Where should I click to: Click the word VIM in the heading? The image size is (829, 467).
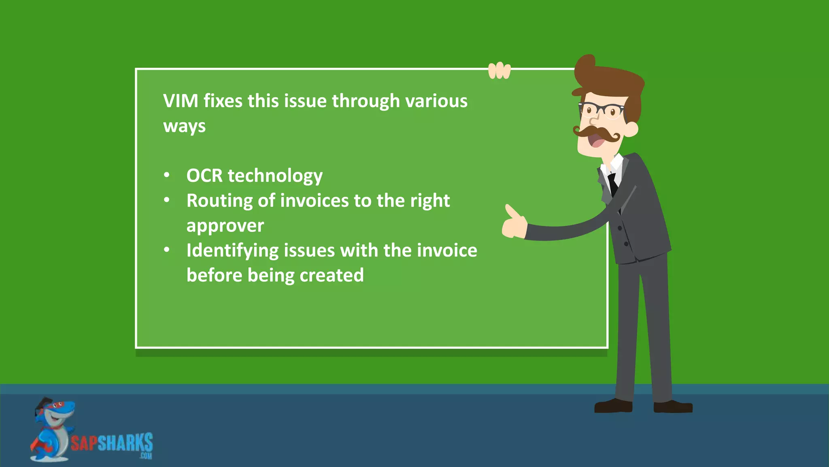(181, 101)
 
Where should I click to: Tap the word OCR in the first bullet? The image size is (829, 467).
(204, 176)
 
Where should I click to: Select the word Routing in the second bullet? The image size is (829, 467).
(219, 201)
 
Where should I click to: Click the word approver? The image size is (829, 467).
(225, 226)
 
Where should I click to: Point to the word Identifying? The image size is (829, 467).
(232, 251)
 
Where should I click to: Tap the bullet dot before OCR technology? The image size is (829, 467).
(167, 176)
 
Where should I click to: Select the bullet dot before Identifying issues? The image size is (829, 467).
(167, 250)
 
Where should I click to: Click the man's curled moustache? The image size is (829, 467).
(597, 132)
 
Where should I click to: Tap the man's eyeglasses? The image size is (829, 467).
(601, 110)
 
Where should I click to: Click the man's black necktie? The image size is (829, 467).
(613, 184)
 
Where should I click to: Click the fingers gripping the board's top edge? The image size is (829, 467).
(499, 71)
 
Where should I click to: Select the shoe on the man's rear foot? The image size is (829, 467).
(613, 406)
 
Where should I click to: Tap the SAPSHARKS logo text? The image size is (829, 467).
(112, 443)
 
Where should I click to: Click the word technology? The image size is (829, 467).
(275, 176)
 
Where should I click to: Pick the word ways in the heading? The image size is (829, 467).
(184, 126)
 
